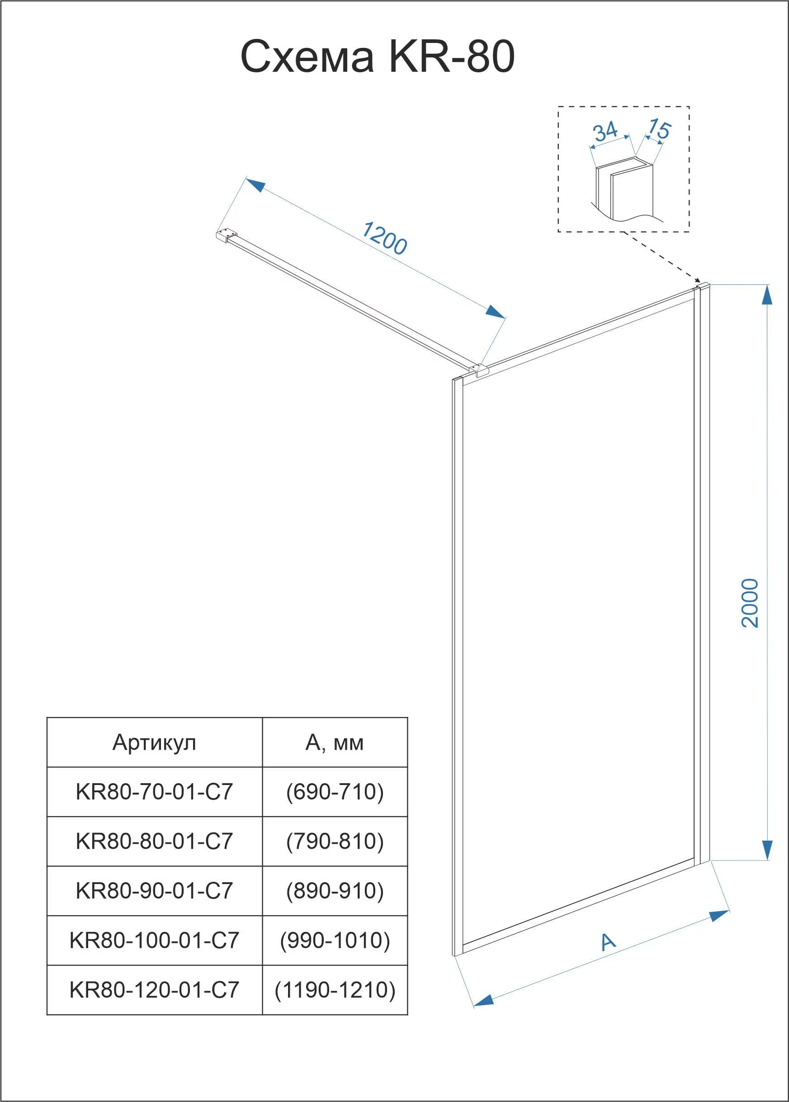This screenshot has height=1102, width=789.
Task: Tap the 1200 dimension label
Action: pos(385,238)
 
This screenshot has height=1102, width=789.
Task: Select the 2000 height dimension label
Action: pos(750,603)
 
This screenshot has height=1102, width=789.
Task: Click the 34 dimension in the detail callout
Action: pos(605,132)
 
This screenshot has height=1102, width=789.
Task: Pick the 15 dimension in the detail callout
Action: pos(659,129)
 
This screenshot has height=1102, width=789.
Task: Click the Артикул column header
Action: pos(154,743)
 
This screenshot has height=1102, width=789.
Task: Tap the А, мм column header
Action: pos(334,743)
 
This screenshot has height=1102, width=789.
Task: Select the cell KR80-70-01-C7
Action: pos(154,792)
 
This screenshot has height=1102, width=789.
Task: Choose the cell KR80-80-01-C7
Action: pos(154,842)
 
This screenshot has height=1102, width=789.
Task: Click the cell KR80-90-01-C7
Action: pos(154,891)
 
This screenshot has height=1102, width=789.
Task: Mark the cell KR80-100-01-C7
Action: pos(154,941)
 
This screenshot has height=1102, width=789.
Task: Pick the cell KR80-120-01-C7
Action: pos(154,990)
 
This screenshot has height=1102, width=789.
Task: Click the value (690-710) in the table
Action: pos(335,792)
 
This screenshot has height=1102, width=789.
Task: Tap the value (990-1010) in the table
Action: pos(335,941)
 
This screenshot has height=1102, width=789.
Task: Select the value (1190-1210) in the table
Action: pos(335,990)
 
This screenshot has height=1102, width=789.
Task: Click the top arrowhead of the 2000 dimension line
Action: pos(767,294)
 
